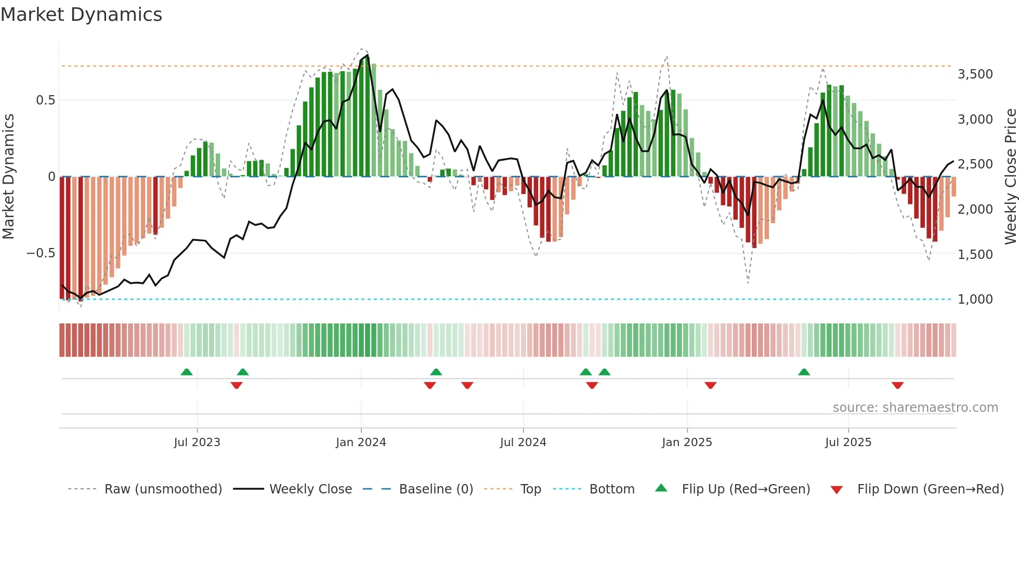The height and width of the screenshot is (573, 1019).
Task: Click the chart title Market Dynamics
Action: [x=82, y=15]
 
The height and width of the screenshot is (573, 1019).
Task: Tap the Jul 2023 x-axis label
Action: [x=197, y=442]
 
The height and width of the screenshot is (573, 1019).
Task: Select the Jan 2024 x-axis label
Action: [x=361, y=442]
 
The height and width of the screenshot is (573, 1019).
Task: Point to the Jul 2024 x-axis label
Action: [x=523, y=442]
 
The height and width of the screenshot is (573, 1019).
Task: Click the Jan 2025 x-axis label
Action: [x=687, y=442]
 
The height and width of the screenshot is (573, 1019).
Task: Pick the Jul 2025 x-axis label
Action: [x=848, y=442]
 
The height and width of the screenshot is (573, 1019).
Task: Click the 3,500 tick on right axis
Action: [x=975, y=74]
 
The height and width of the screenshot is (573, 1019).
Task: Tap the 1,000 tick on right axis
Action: [x=975, y=299]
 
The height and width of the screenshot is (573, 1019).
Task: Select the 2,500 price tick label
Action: [x=975, y=164]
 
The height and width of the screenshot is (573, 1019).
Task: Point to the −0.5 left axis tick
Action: [x=41, y=254]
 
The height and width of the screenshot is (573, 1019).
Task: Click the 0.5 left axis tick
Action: [x=45, y=100]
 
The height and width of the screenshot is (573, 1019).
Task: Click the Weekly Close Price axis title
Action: [x=1010, y=177]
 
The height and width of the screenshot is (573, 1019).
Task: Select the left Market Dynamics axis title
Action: [x=8, y=177]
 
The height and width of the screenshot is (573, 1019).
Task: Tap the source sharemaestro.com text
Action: [x=915, y=408]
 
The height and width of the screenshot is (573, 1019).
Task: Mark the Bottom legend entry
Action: [x=611, y=489]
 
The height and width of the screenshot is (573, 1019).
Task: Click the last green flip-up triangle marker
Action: [x=804, y=372]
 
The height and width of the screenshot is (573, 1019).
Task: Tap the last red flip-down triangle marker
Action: [x=897, y=385]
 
